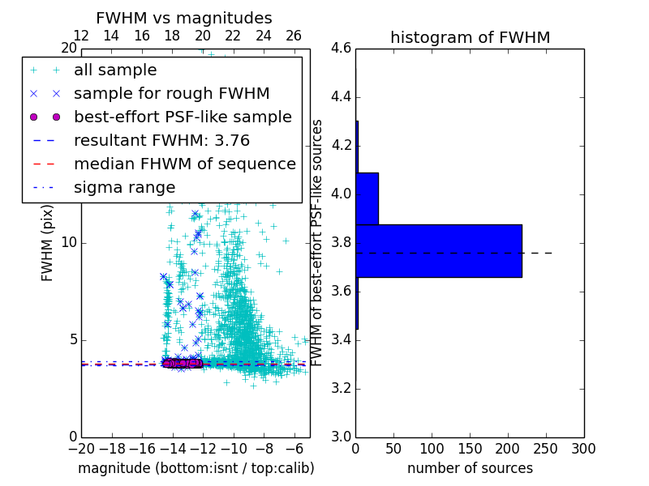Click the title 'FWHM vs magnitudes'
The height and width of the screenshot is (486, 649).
tap(183, 18)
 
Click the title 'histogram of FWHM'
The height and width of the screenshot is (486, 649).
tap(470, 37)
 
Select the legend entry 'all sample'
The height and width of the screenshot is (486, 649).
tap(115, 70)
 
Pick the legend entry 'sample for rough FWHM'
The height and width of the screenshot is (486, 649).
tap(171, 93)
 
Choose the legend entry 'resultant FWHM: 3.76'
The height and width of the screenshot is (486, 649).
tap(161, 140)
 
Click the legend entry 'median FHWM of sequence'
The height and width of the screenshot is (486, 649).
tap(184, 164)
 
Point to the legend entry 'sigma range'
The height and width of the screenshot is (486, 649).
tap(124, 187)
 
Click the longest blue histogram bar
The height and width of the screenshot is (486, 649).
tap(438, 251)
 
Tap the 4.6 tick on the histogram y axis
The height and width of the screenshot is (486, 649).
tap(342, 49)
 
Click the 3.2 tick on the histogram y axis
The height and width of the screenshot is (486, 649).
tap(342, 388)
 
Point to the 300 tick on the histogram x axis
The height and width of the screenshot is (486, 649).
tap(583, 448)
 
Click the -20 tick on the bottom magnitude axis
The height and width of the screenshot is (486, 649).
tap(81, 448)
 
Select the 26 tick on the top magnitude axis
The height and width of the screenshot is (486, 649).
tap(294, 36)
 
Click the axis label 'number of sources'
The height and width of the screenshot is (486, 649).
tap(470, 468)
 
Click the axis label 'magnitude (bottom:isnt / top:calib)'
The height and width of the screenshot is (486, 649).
tap(196, 468)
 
